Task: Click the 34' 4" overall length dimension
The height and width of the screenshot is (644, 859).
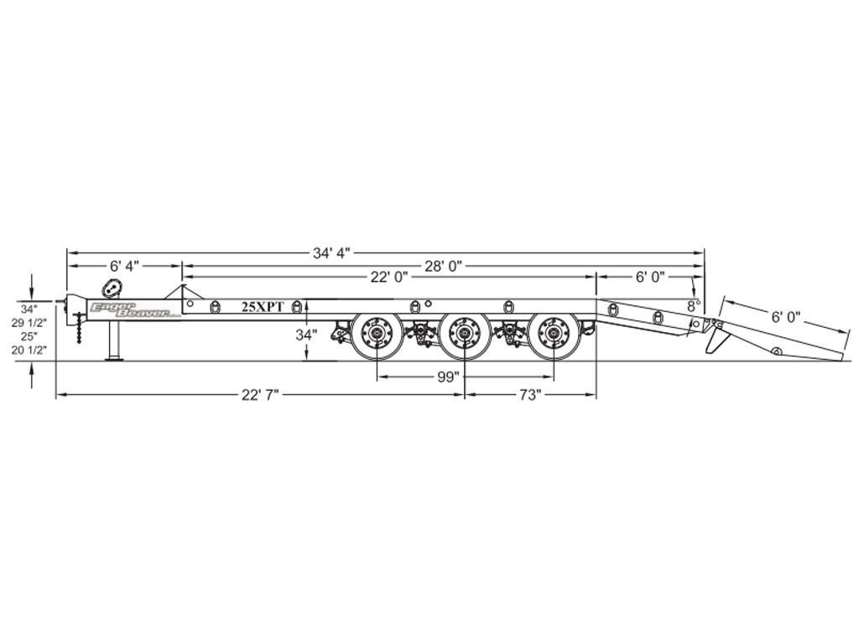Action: (331, 253)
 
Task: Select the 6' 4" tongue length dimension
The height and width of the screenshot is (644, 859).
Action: (125, 266)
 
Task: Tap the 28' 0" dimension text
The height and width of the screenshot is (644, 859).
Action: (444, 266)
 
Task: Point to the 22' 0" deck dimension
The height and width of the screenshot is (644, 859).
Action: (389, 277)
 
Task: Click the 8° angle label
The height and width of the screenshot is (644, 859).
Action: (694, 305)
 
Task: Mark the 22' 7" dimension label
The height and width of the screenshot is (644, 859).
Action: (260, 395)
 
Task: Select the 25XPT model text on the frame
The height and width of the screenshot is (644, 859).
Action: (263, 307)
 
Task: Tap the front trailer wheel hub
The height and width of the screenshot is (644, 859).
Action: (377, 335)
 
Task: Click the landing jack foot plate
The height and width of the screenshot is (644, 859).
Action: (114, 359)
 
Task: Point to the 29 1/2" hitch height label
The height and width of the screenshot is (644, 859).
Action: (29, 323)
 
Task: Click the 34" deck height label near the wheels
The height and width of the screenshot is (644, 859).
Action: (307, 335)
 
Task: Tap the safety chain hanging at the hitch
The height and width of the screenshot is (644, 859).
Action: (81, 328)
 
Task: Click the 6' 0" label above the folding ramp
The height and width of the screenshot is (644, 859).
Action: (785, 316)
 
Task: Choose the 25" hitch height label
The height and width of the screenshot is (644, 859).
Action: (29, 335)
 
